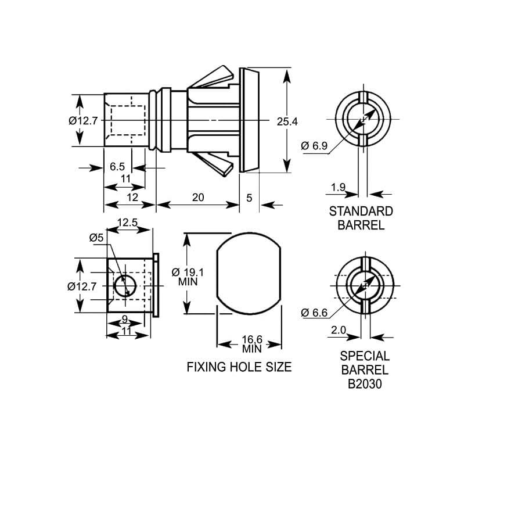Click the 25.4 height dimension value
tap(287, 121)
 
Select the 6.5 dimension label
tap(117, 167)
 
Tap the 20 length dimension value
tap(198, 198)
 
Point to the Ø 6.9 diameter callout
tap(314, 145)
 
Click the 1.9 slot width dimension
tap(338, 187)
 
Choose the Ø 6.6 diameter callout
tap(314, 313)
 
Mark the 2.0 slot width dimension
tap(339, 330)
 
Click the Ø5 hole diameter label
tap(96, 238)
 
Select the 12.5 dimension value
tap(127, 223)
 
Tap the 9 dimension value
tap(125, 319)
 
